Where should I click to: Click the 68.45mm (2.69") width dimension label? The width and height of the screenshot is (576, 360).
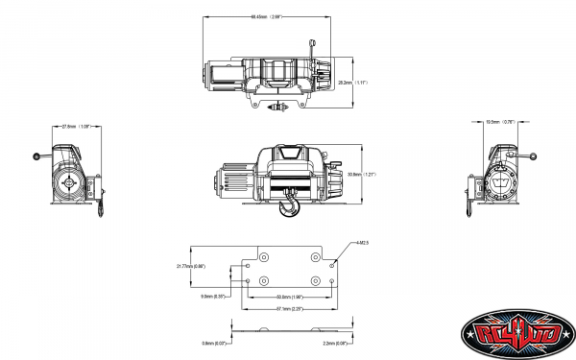263,17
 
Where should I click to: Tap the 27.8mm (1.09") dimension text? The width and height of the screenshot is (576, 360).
73,126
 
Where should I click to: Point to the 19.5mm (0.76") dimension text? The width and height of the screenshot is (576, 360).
501,123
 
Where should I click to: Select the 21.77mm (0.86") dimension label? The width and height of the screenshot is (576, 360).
191,265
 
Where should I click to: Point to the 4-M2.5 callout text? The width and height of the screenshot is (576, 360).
362,245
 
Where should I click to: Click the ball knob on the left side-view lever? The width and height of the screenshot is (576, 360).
36,156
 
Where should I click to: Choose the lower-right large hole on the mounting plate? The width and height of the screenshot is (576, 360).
318,279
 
